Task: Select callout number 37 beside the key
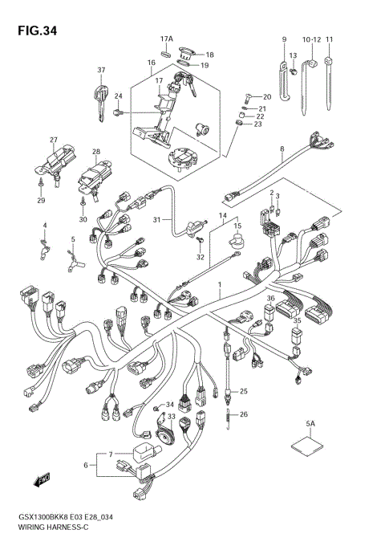coord(102,69)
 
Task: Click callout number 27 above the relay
coord(54,140)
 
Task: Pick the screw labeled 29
coord(41,184)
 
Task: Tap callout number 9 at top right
coord(283,39)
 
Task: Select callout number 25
coord(244,391)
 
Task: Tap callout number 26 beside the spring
coord(244,414)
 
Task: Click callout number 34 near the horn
coord(169,404)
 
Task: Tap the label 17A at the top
coord(166,39)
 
